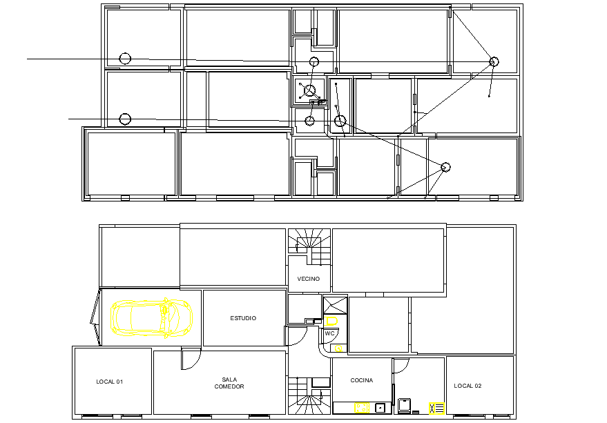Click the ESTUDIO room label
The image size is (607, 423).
[x=243, y=318]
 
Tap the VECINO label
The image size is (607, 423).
[x=309, y=279]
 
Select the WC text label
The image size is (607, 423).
[x=329, y=333]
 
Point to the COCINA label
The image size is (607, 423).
[x=362, y=380]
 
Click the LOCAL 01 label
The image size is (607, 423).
[x=110, y=382]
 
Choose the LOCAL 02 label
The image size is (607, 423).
[x=468, y=386]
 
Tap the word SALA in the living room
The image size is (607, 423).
[x=229, y=380]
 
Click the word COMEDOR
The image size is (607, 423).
[x=229, y=386]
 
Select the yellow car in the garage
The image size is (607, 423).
[x=151, y=317]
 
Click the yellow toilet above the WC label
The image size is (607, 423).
[x=331, y=321]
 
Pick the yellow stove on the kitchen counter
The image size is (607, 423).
[x=362, y=408]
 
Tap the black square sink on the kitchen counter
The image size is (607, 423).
[x=380, y=408]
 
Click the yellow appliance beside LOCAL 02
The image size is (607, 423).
[x=436, y=409]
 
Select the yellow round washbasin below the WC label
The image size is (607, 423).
[x=338, y=348]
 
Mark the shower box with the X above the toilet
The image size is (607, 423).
[x=335, y=305]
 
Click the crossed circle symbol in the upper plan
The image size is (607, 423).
[x=309, y=91]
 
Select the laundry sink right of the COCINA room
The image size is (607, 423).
[x=404, y=406]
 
